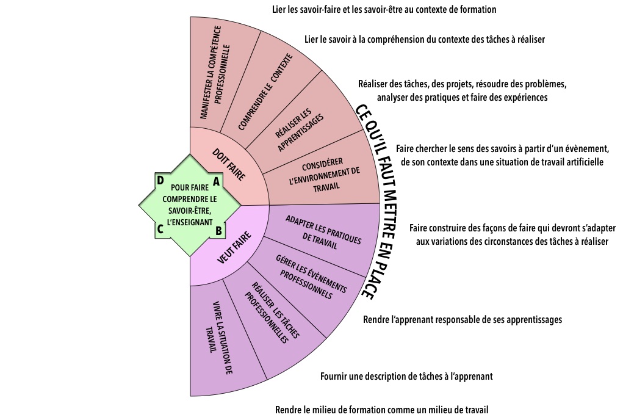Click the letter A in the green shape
[215, 181]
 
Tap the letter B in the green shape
[218, 231]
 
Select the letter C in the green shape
[160, 230]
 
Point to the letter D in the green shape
[160, 181]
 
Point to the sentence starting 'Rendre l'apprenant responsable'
[462, 319]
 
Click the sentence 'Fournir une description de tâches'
[406, 377]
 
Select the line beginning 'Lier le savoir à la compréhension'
[424, 40]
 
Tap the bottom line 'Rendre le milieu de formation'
[382, 410]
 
